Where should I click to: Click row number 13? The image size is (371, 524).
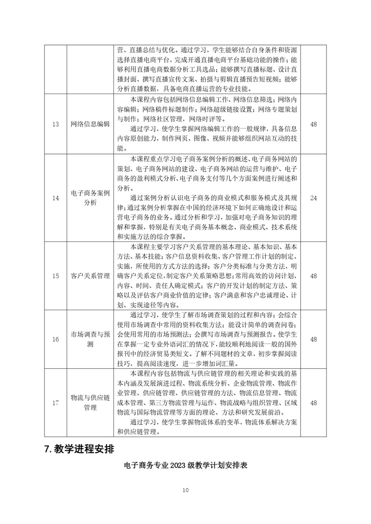(56, 124)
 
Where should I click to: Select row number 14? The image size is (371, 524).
(56, 198)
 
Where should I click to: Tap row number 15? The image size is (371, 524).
(56, 276)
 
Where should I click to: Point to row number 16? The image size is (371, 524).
(56, 339)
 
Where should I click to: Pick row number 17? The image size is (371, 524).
(56, 403)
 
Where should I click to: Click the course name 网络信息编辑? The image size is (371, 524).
(90, 124)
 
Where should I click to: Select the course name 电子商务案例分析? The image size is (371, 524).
(90, 198)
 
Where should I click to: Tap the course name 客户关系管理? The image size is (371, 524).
(90, 276)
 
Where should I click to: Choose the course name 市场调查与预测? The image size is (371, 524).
(90, 339)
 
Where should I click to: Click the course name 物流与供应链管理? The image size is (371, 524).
(90, 403)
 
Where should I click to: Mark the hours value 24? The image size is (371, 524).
(313, 198)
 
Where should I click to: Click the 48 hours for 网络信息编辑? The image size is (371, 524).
(313, 124)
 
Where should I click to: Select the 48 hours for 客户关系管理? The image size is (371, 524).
(313, 276)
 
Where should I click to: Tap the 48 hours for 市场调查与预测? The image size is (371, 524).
(313, 339)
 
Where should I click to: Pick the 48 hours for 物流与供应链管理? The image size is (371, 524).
(313, 403)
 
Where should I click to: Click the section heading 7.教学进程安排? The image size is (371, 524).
(79, 449)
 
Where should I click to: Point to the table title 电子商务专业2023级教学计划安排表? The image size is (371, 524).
(185, 466)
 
